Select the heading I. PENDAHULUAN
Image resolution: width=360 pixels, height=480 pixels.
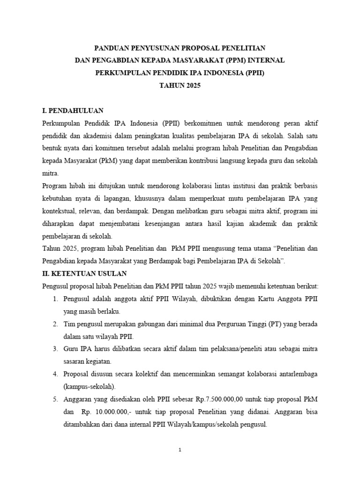[73, 111]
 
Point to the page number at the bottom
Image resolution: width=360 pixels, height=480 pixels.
[180, 450]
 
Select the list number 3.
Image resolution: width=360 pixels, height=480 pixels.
[55, 349]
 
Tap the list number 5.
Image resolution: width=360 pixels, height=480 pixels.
[55, 398]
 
